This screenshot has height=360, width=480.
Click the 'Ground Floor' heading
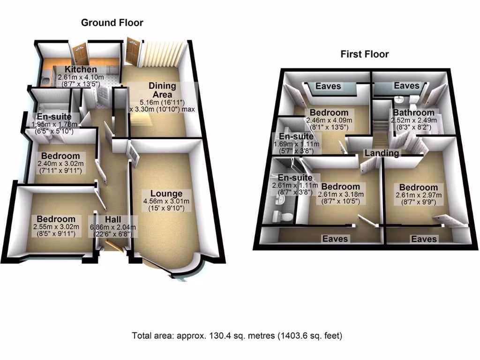[x=112, y=22]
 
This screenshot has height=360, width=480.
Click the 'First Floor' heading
[x=364, y=54]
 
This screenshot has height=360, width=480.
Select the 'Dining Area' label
[x=162, y=90]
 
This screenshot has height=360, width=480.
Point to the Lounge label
[x=166, y=194]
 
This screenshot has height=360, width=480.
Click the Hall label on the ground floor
[x=113, y=219]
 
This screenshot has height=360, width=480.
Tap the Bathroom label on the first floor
[x=413, y=113]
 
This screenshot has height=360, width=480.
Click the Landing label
[x=382, y=153]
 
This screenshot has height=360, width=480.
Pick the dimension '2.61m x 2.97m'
[x=415, y=195]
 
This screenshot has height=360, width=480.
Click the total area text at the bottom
[x=237, y=336]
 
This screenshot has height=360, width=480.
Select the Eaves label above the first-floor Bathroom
[x=406, y=86]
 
